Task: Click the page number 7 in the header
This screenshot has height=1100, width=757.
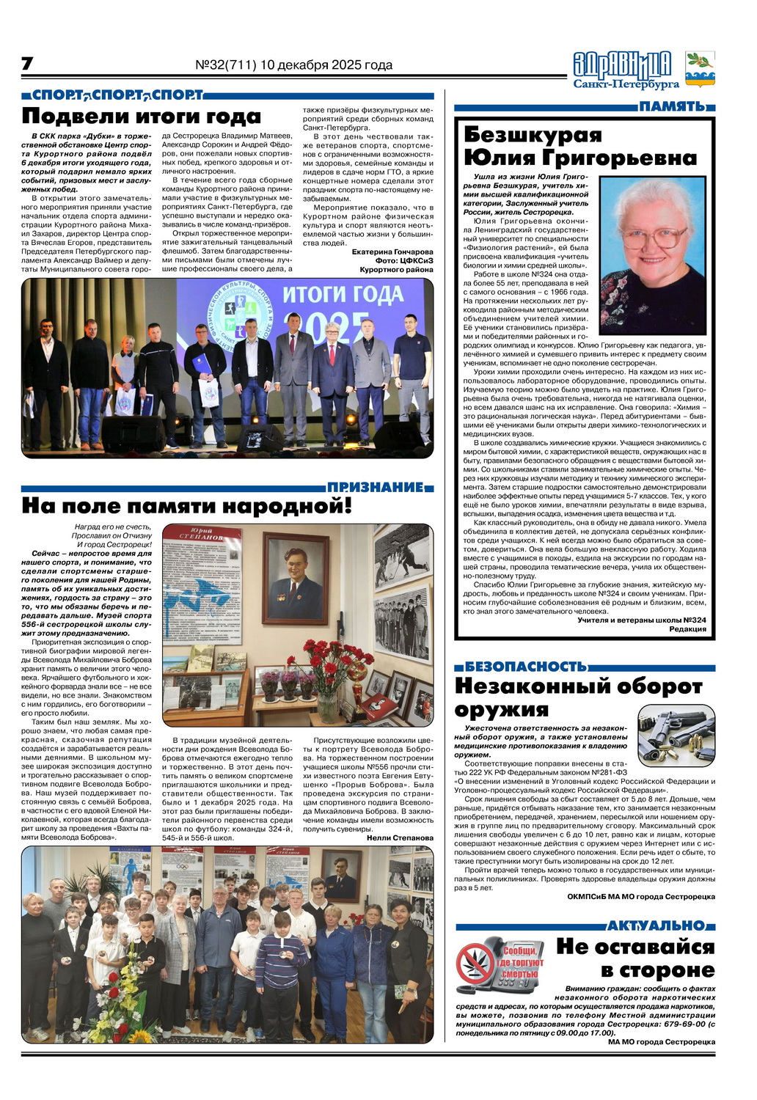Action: (x=27, y=64)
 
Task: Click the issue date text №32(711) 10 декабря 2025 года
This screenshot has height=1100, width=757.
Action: (x=293, y=65)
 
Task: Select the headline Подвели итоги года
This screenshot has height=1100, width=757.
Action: (x=141, y=117)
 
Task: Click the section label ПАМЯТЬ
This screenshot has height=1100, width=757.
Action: (x=672, y=107)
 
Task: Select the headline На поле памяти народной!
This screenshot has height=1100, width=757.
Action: (x=187, y=507)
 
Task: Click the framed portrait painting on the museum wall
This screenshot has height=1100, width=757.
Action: (x=296, y=576)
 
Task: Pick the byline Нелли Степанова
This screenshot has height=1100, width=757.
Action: (x=400, y=837)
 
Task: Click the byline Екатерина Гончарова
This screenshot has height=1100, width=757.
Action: (x=392, y=252)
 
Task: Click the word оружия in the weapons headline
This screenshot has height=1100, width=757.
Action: (x=501, y=710)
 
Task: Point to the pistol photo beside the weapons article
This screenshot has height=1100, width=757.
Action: (x=676, y=734)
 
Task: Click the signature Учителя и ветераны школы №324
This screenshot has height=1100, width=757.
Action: (x=642, y=620)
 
